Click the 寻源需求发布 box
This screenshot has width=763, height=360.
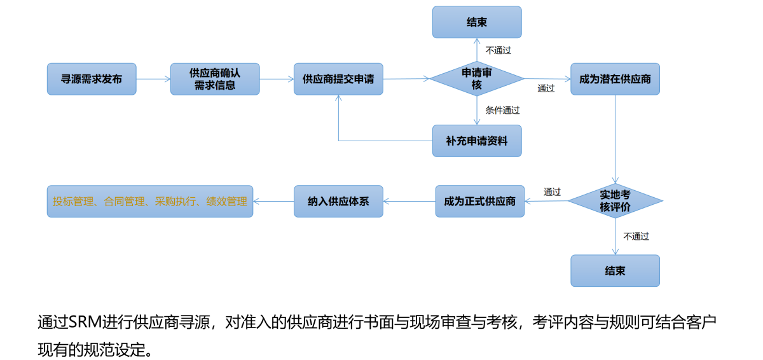pyautogui.click(x=92, y=79)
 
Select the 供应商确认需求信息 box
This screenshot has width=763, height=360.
pyautogui.click(x=215, y=79)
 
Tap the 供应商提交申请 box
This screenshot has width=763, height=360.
pyautogui.click(x=338, y=79)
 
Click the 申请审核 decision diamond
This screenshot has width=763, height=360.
pyautogui.click(x=477, y=79)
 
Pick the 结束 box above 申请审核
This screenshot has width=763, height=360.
pyautogui.click(x=477, y=22)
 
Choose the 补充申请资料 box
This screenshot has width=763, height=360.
pyautogui.click(x=477, y=141)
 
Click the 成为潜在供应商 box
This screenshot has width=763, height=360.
pyautogui.click(x=615, y=79)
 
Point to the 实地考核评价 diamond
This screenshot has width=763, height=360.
pyautogui.click(x=615, y=201)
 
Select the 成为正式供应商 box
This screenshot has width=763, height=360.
pyautogui.click(x=479, y=201)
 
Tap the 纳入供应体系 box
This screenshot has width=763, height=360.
pyautogui.click(x=338, y=201)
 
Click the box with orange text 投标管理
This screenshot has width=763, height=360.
pyautogui.click(x=150, y=201)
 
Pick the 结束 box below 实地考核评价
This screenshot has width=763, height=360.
pyautogui.click(x=615, y=271)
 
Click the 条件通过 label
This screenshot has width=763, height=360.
pyautogui.click(x=502, y=110)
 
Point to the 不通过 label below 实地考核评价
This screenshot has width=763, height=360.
pyautogui.click(x=636, y=236)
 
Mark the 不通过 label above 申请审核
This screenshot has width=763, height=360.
pyautogui.click(x=498, y=50)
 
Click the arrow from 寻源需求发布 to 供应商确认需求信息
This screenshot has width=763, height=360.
pyautogui.click(x=153, y=79)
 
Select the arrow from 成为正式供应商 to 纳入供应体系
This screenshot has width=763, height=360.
pyautogui.click(x=409, y=201)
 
